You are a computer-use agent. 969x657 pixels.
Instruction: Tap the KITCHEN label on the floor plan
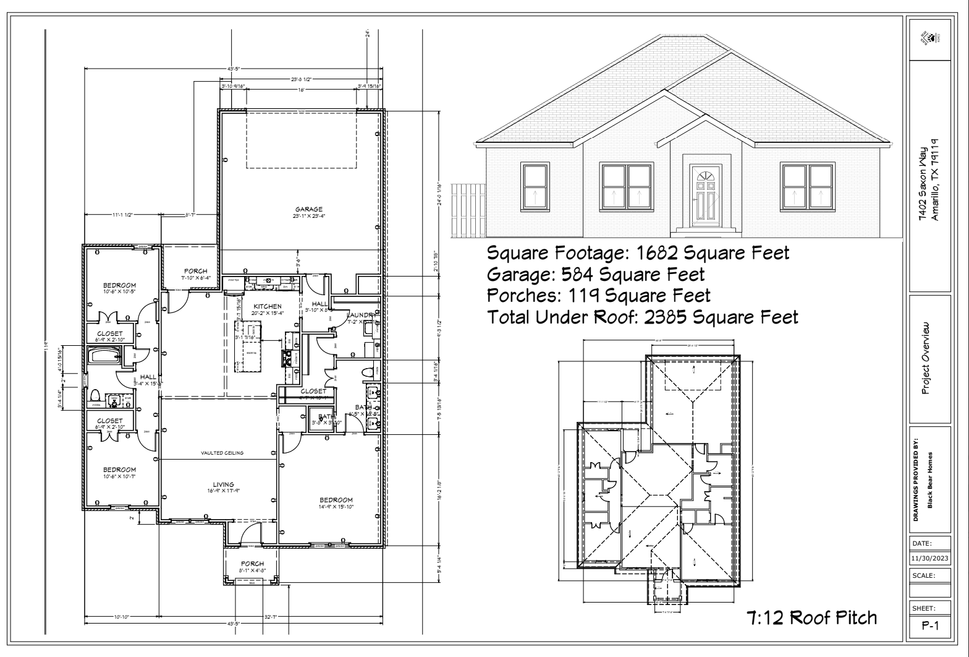(267, 306)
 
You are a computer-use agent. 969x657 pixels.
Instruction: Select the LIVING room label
(223, 484)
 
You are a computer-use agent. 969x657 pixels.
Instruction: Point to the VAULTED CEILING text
(222, 453)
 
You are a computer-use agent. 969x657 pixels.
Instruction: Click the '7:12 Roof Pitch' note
(811, 617)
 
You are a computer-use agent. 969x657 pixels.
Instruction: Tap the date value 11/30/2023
(929, 559)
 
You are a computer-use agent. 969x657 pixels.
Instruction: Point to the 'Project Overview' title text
(925, 357)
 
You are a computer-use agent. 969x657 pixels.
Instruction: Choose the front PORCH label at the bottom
(252, 564)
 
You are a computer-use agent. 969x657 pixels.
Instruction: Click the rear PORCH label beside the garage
(196, 271)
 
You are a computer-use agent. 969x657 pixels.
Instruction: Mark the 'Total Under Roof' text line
(643, 317)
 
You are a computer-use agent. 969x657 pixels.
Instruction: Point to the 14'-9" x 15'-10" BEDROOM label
(336, 500)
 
